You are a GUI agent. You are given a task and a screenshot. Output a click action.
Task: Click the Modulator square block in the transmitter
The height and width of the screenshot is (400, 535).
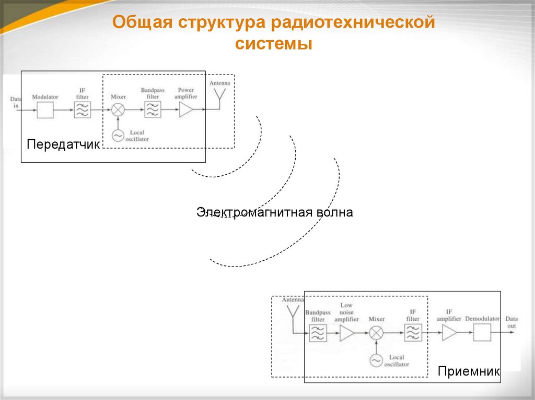click(x=45, y=110)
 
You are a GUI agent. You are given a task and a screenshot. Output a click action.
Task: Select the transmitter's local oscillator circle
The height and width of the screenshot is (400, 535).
click(x=118, y=136)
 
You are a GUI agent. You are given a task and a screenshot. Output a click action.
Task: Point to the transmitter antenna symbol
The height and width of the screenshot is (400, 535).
click(x=219, y=96)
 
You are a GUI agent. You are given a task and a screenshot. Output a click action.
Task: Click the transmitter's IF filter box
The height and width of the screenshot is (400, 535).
click(x=82, y=110)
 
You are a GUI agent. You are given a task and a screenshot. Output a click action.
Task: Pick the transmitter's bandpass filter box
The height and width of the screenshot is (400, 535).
click(x=153, y=110)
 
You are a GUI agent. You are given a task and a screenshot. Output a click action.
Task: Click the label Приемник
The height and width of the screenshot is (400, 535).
click(x=469, y=371)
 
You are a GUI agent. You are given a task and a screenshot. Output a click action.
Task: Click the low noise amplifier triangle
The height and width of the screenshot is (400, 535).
click(x=347, y=333)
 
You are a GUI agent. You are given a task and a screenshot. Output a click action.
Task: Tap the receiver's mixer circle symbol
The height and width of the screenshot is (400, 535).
click(x=376, y=333)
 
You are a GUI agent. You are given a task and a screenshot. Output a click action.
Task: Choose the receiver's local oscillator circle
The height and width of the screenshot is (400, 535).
click(x=376, y=360)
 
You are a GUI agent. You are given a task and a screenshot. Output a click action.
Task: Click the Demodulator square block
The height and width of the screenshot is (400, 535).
click(x=482, y=333)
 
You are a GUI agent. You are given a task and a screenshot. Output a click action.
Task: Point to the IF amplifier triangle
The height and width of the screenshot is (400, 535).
click(x=449, y=333)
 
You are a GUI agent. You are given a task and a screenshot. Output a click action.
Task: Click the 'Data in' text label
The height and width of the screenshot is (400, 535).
click(x=15, y=102)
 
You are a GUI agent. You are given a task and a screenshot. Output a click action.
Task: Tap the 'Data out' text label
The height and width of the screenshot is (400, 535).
click(x=511, y=322)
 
